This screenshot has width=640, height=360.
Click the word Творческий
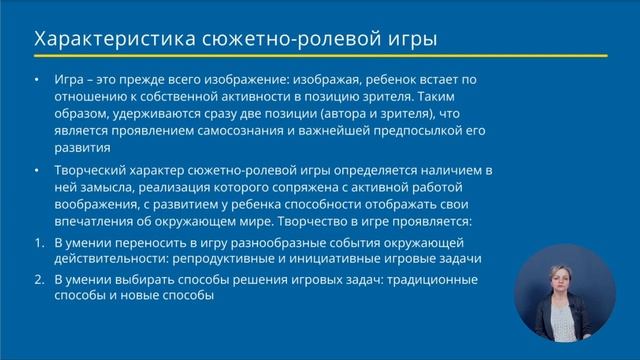(100, 171)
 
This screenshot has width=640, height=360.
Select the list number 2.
(37, 279)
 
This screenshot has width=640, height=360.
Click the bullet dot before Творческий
(37, 171)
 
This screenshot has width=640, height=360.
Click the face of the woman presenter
(564, 282)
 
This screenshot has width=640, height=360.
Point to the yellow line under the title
(320, 55)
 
